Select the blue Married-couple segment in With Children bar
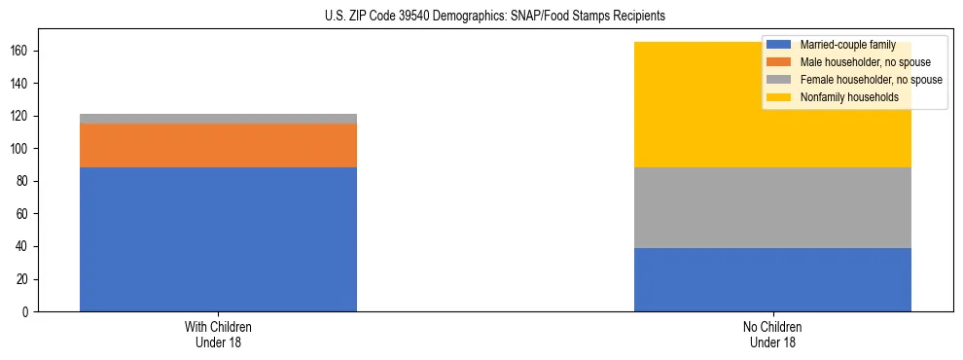coord(218,239)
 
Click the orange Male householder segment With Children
coord(218,145)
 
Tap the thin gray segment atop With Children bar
coord(218,119)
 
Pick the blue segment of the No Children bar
coord(772,279)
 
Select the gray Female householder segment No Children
coord(772,207)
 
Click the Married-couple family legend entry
coord(840,45)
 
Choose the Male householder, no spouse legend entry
coord(851,62)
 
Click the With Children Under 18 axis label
coord(218,334)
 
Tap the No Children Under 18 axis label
coord(772,334)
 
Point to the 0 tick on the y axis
coord(28,312)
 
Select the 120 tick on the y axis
coord(22,117)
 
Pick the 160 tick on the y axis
coord(22,52)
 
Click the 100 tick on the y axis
coord(22,149)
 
